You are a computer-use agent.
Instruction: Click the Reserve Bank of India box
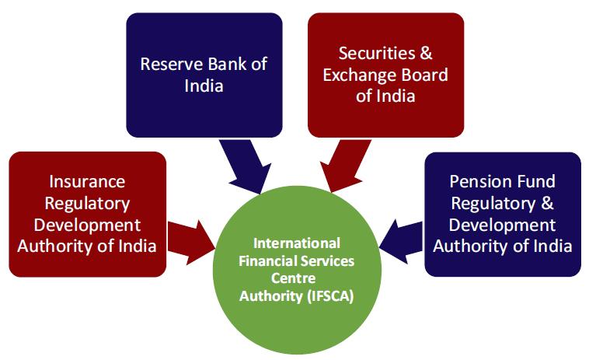(204, 74)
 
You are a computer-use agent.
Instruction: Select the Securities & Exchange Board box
(385, 74)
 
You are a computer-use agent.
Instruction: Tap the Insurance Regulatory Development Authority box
(87, 214)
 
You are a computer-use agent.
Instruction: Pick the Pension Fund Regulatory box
(502, 214)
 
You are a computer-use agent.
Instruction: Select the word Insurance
(86, 181)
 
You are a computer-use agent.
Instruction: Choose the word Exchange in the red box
(356, 75)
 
